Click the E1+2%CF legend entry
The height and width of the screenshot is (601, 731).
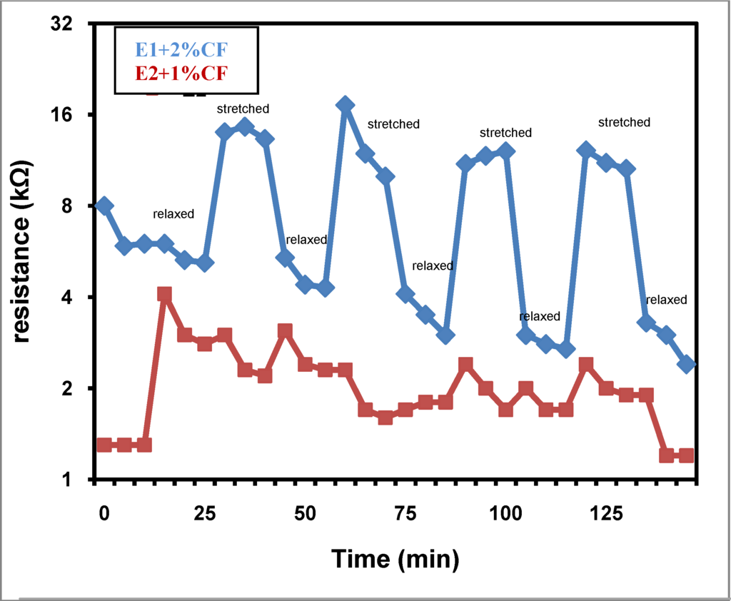(x=182, y=50)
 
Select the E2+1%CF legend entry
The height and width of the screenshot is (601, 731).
(x=181, y=72)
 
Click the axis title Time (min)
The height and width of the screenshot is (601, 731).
(x=395, y=559)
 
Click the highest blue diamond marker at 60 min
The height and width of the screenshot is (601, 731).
(x=345, y=105)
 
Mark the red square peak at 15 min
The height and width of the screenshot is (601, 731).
(x=164, y=295)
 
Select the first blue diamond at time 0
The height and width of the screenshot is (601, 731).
(x=104, y=206)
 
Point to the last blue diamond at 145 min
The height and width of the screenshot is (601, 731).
(x=687, y=364)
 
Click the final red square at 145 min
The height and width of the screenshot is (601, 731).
(x=687, y=455)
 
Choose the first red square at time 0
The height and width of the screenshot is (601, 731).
(x=104, y=445)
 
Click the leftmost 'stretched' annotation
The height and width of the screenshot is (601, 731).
(x=243, y=109)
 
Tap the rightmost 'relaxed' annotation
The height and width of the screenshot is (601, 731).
(x=666, y=300)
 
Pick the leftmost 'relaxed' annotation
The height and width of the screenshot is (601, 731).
(x=173, y=214)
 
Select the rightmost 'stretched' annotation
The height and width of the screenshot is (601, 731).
(x=624, y=122)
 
